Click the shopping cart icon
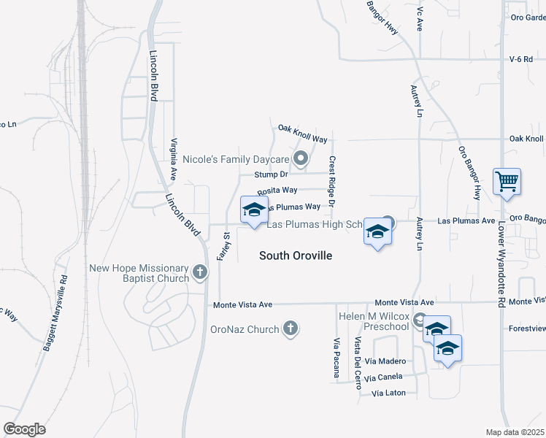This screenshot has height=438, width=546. click(507, 181)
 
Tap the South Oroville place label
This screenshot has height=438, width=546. click(296, 255)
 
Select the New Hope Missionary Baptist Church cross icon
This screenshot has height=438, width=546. click(200, 274)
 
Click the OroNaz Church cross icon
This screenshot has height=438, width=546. click(291, 328)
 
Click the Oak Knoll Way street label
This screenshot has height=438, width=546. click(302, 128)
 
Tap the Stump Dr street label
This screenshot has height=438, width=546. click(272, 174)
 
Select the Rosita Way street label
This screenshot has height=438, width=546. click(277, 190)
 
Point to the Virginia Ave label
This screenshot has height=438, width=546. click(174, 159)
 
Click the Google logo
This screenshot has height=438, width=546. click(24, 429)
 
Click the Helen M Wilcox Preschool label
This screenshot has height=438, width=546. click(373, 321)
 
